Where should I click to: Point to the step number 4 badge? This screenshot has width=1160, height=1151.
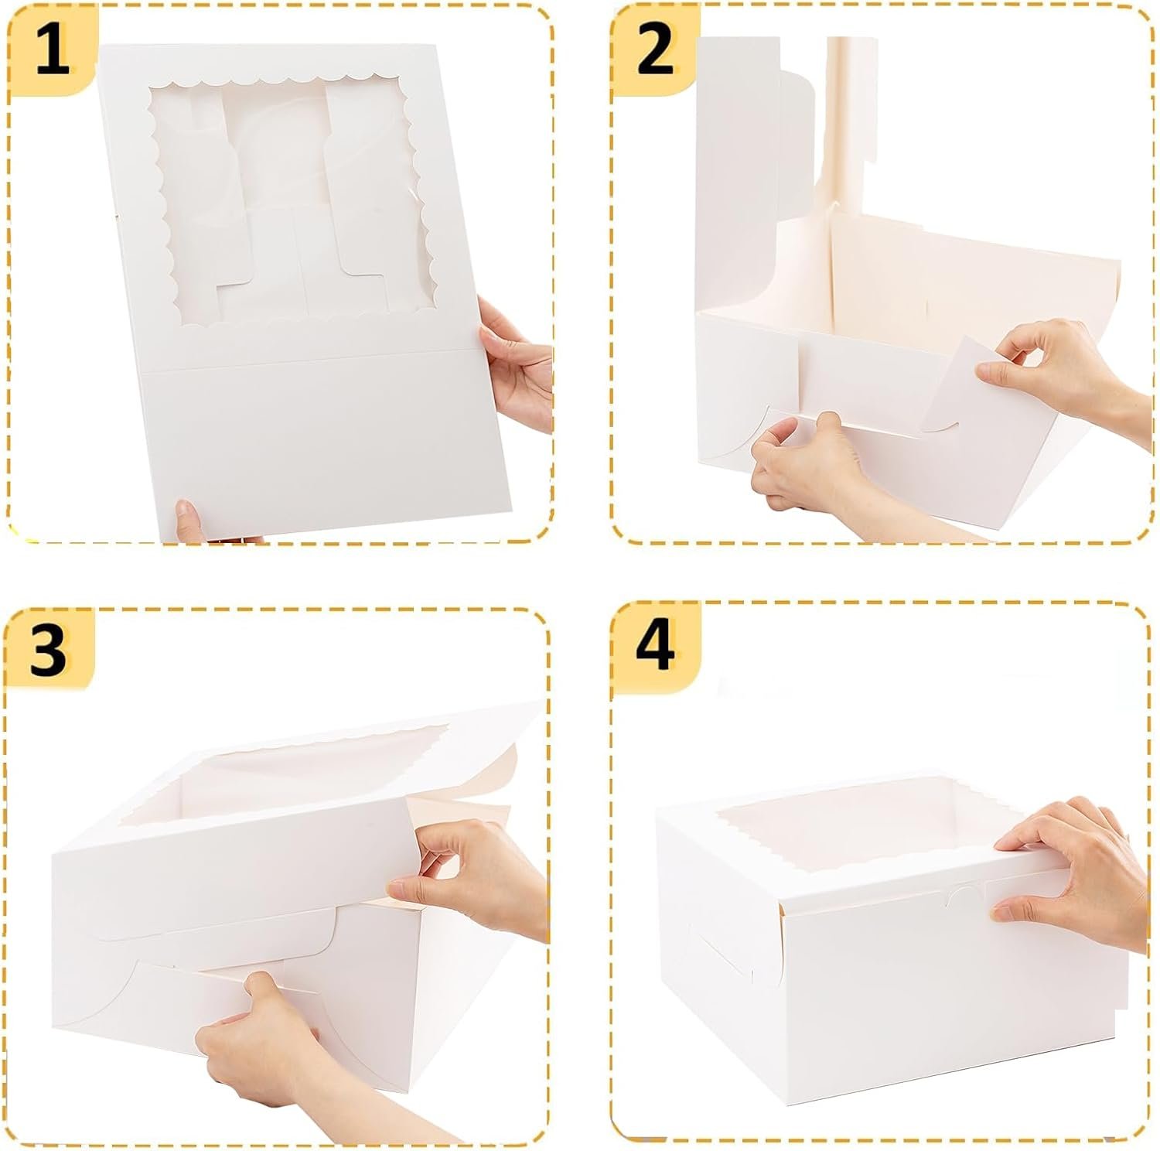(x=654, y=645)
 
